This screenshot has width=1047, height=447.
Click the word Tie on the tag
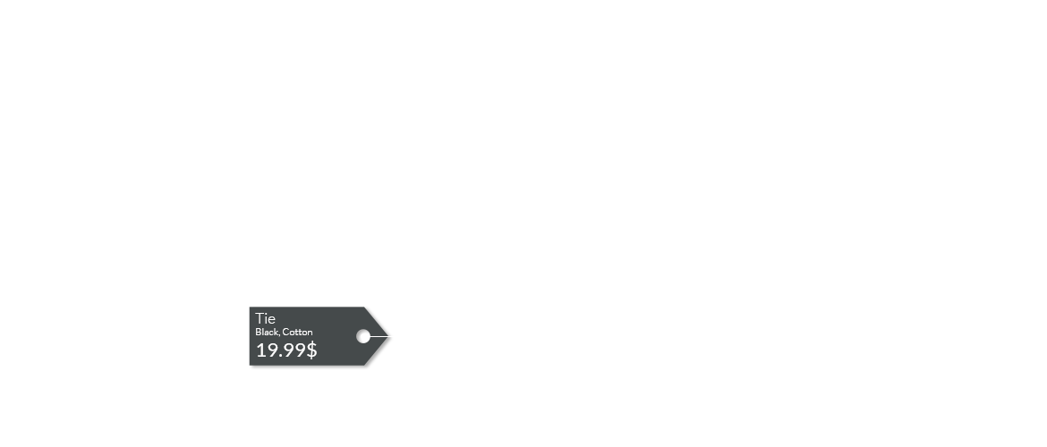[x=265, y=318]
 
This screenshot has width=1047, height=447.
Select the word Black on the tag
[x=267, y=332]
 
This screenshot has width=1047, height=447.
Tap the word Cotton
[x=297, y=332]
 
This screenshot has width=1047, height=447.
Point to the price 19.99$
[x=286, y=350]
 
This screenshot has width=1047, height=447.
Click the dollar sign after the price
[x=311, y=350]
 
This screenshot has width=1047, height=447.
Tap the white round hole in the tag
[x=363, y=336]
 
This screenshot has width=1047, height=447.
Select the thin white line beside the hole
[x=379, y=336]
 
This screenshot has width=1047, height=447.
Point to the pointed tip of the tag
[x=388, y=336]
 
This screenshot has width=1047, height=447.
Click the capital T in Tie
[x=260, y=318]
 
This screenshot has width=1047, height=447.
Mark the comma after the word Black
[x=279, y=334]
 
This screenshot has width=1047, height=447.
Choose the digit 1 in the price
[x=260, y=350]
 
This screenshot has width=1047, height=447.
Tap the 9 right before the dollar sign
[x=302, y=350]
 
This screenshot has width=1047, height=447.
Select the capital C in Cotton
[x=285, y=332]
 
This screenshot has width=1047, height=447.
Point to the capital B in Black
[x=258, y=332]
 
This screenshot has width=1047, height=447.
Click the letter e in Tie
[x=272, y=320]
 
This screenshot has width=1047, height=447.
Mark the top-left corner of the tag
[x=250, y=307]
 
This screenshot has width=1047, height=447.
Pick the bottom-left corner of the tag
[x=250, y=366]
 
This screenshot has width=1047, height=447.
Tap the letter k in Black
[x=275, y=332]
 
